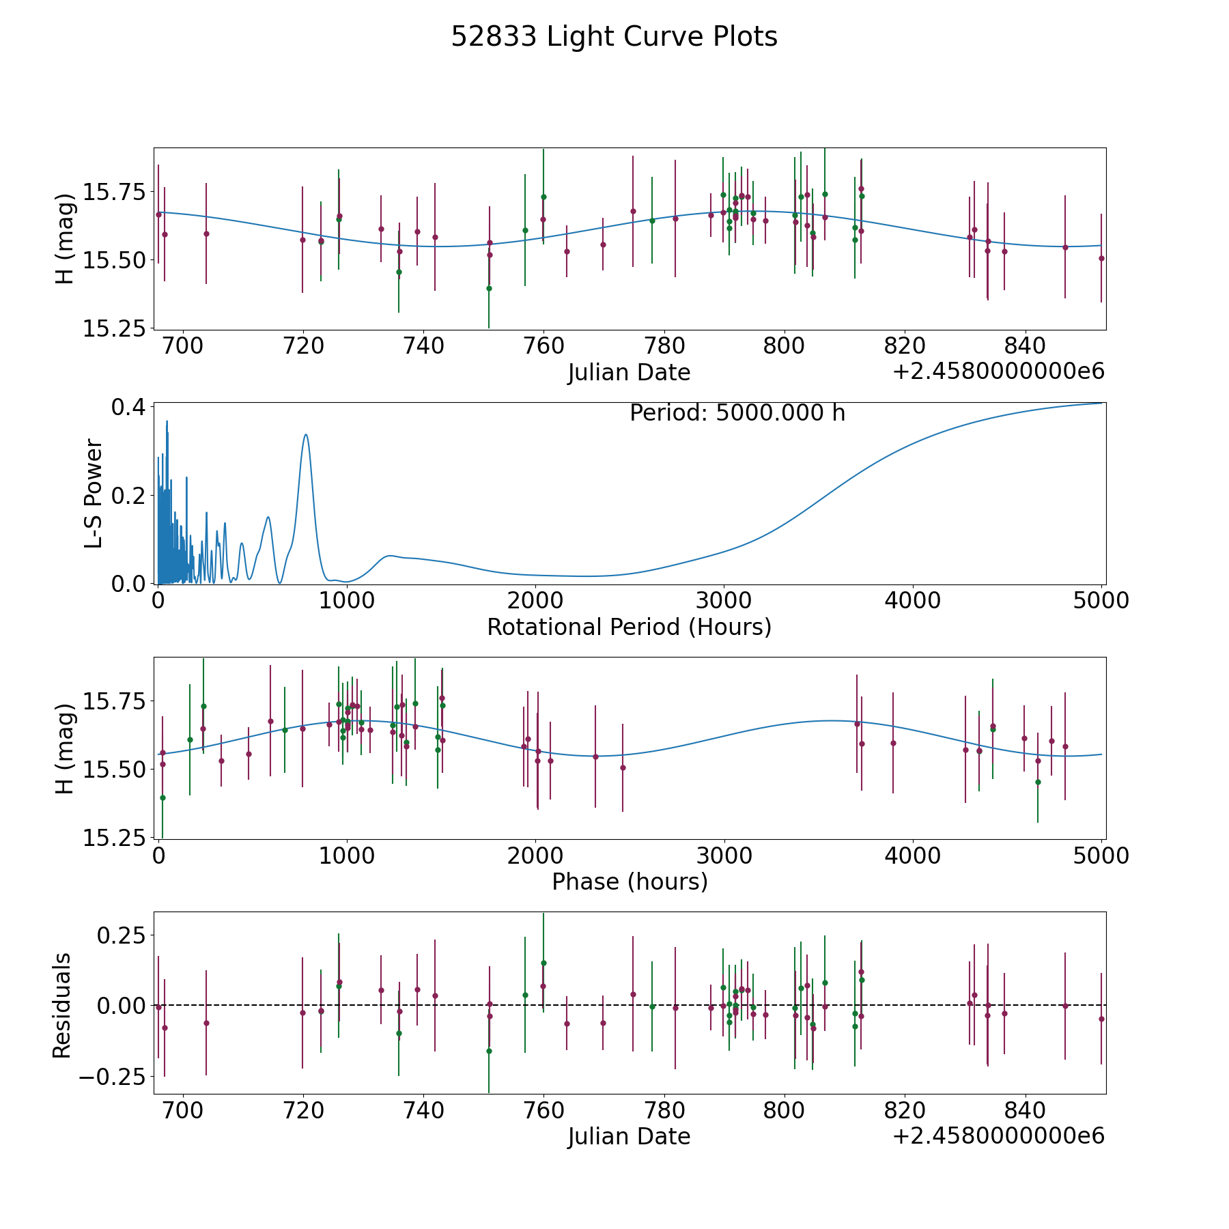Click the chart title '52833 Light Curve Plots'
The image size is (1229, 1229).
pos(614,37)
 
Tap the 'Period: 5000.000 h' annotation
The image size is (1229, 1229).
pos(737,413)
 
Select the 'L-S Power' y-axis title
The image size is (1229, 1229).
pos(94,494)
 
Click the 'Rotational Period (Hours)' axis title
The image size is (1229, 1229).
pos(629,627)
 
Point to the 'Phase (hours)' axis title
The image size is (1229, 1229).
pos(629,881)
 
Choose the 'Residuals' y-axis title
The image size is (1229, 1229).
pos(62,1006)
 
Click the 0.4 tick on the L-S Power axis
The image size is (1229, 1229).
pos(128,407)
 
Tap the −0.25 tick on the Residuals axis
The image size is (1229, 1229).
pos(112,1077)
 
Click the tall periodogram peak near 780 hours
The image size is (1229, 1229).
pos(306,435)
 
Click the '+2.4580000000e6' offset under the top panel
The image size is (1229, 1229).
pos(998,372)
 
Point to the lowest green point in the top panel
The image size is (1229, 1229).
pos(489,288)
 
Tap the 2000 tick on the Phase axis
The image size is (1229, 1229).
pos(535,856)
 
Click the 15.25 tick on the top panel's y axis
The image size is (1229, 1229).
pos(114,329)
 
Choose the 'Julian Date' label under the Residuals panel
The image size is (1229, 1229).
pos(629,1137)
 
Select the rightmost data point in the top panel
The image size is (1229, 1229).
pos(1101,258)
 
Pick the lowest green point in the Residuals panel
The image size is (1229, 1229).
pos(489,1051)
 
